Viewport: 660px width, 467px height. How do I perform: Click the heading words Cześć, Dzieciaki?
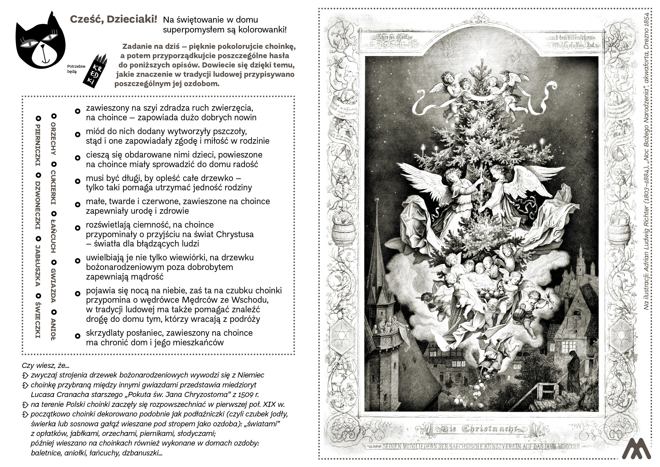(x=113, y=19)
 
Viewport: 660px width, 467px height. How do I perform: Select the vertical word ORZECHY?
(x=53, y=139)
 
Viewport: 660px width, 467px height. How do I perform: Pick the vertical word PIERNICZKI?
(x=38, y=145)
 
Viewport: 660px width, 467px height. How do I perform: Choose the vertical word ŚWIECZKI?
(x=38, y=320)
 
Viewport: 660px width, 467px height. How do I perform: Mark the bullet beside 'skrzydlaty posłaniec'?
(x=77, y=336)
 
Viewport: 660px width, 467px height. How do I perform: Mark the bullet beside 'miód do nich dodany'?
(x=77, y=134)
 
